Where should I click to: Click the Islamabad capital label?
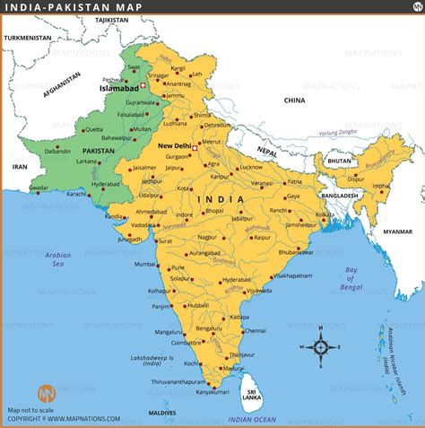click(x=117, y=90)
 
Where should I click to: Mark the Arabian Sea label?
click(x=58, y=260)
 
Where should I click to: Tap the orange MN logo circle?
click(x=45, y=394)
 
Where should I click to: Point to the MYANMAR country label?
click(x=397, y=231)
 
